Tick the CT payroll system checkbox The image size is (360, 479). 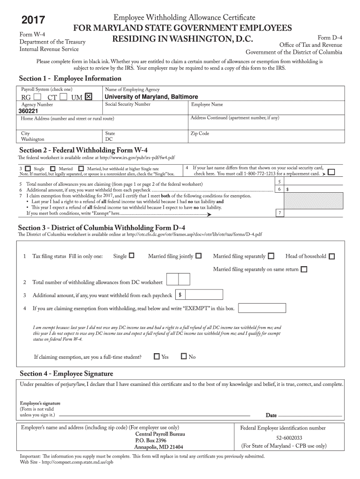pyautogui.click(x=64, y=97)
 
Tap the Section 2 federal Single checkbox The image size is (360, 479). pyautogui.click(x=29, y=168)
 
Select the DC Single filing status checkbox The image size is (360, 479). pyautogui.click(x=131, y=256)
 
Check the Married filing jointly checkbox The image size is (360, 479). pyautogui.click(x=199, y=256)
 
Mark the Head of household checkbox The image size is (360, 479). pyautogui.click(x=331, y=256)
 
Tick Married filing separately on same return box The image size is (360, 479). pyautogui.click(x=304, y=269)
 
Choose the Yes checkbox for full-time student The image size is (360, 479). pyautogui.click(x=157, y=356)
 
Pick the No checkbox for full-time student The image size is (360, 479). pyautogui.click(x=184, y=356)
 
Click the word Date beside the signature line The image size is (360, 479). pyautogui.click(x=271, y=415)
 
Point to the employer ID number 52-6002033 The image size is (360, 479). pyautogui.click(x=282, y=438)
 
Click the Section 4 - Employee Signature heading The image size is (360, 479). pyautogui.click(x=66, y=374)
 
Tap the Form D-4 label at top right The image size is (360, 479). pyautogui.click(x=330, y=37)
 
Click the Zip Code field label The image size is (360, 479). pyautogui.click(x=200, y=133)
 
